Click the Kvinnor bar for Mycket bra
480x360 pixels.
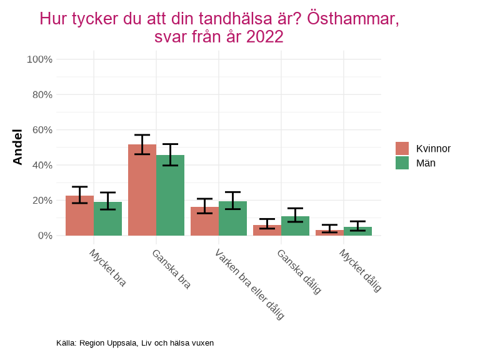(79, 216)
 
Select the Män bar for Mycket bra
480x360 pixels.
(107, 219)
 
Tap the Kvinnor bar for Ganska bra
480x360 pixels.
(142, 190)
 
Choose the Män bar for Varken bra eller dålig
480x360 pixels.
(232, 219)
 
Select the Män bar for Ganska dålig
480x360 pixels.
(295, 226)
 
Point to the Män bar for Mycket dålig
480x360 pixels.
(357, 231)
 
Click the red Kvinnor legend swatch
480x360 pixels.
(402, 148)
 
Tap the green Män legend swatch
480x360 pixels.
(402, 162)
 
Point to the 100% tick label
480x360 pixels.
(39, 59)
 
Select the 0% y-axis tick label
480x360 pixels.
(44, 236)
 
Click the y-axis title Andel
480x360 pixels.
(17, 147)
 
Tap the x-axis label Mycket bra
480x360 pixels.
(107, 268)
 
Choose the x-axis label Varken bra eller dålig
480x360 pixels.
(249, 284)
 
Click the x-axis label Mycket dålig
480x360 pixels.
(360, 271)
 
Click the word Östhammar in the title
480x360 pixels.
(354, 19)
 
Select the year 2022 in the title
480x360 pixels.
(266, 37)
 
